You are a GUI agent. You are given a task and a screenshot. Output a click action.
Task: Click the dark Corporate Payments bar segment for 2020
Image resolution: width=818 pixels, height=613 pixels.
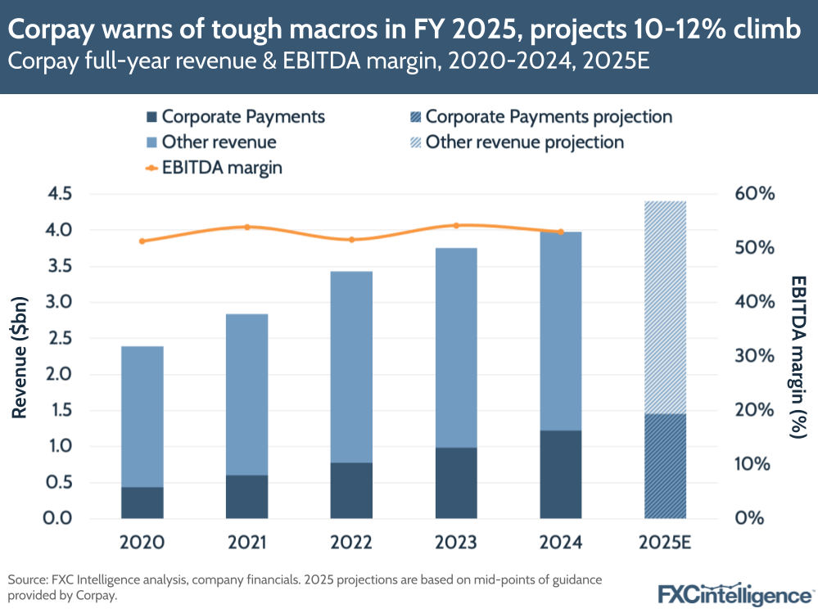pyautogui.click(x=142, y=503)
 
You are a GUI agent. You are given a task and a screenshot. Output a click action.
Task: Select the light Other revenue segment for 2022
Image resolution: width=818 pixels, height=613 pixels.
pyautogui.click(x=351, y=367)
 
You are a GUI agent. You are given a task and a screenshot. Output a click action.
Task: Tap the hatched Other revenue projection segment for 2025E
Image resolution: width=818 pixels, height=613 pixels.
pyautogui.click(x=666, y=307)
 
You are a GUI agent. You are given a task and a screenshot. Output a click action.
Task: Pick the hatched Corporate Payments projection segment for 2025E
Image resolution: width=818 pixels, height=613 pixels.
pyautogui.click(x=666, y=466)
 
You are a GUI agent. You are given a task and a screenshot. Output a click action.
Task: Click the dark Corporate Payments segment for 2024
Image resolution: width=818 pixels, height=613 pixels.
pyautogui.click(x=561, y=474)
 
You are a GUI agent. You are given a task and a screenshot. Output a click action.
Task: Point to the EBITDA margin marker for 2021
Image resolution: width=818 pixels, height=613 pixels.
pyautogui.click(x=247, y=227)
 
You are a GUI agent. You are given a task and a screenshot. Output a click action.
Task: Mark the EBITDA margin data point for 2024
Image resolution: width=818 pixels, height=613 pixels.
pyautogui.click(x=561, y=232)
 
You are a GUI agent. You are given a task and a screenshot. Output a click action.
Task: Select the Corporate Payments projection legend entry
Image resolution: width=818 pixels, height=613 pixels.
pyautogui.click(x=540, y=117)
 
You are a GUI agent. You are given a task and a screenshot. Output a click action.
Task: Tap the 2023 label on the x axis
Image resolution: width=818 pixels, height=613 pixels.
pyautogui.click(x=456, y=543)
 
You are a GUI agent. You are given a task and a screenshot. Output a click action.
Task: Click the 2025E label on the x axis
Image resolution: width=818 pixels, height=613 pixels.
pyautogui.click(x=666, y=543)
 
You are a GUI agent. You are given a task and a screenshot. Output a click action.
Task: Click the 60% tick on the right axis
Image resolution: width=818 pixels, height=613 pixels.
pyautogui.click(x=754, y=194)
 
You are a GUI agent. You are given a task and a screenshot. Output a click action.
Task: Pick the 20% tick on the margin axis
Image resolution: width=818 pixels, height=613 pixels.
pyautogui.click(x=754, y=410)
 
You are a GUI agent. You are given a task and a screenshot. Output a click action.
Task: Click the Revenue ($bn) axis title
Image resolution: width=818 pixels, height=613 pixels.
pyautogui.click(x=20, y=355)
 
